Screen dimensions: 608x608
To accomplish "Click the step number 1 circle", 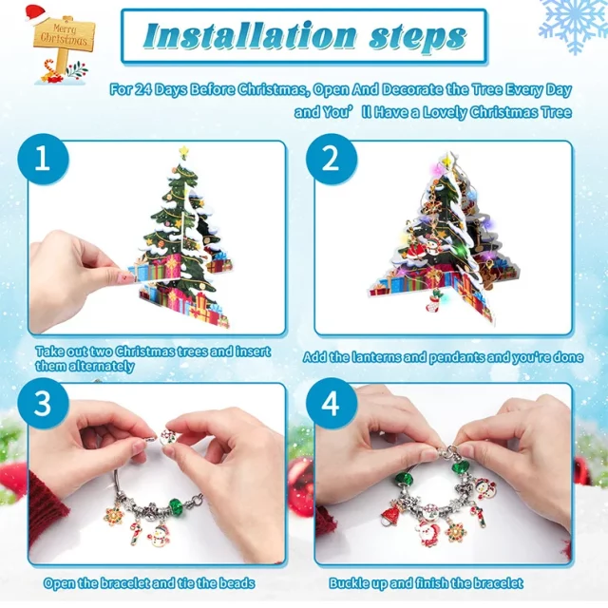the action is (x=43, y=159).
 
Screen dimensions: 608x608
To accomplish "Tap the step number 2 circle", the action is (x=331, y=159).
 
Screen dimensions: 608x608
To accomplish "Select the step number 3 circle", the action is (x=43, y=403).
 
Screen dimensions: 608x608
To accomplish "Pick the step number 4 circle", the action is (x=331, y=403).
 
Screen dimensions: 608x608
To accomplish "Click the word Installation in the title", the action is (x=249, y=36).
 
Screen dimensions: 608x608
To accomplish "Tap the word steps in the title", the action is (x=417, y=38).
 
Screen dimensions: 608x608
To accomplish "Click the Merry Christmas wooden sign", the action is (x=64, y=36).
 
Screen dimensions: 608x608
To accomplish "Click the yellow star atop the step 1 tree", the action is (x=183, y=150).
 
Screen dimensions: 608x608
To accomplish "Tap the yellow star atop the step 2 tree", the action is (x=447, y=159).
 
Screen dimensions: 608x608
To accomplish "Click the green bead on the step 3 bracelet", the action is (x=177, y=506).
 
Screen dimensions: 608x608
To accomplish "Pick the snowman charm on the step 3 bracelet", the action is (x=159, y=535).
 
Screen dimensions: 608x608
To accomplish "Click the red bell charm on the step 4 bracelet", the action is (x=390, y=511).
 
